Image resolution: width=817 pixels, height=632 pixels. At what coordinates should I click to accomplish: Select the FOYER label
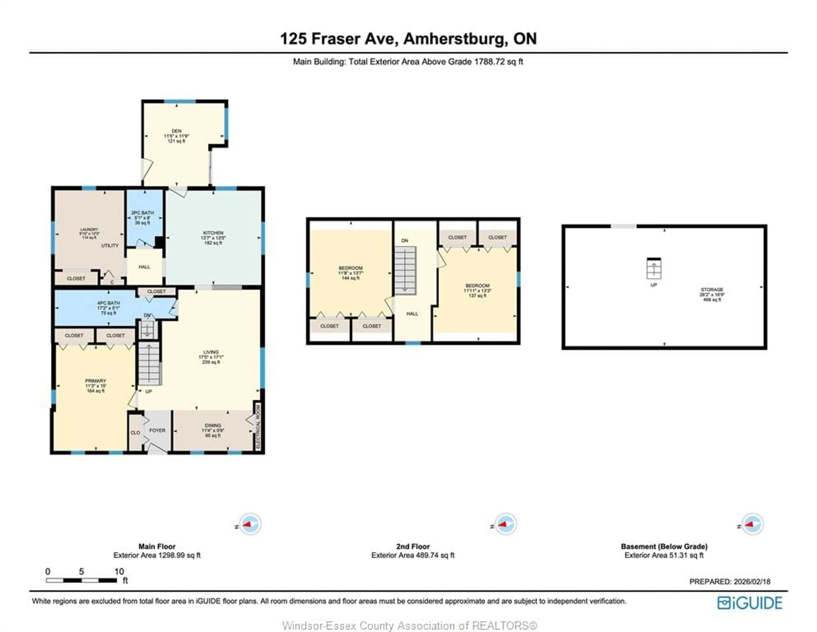[x=157, y=430]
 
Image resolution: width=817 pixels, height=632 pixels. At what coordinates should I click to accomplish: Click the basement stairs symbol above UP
[x=654, y=269]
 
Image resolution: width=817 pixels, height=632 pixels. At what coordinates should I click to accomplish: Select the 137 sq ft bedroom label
[x=477, y=290]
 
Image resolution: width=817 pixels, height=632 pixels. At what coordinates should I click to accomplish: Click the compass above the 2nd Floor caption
[x=505, y=524]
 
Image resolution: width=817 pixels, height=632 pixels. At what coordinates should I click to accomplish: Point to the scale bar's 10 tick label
[x=119, y=571]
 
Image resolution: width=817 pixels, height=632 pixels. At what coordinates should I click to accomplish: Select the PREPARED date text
[x=730, y=582]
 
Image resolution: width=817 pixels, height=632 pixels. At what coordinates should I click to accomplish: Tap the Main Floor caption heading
[x=157, y=546]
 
